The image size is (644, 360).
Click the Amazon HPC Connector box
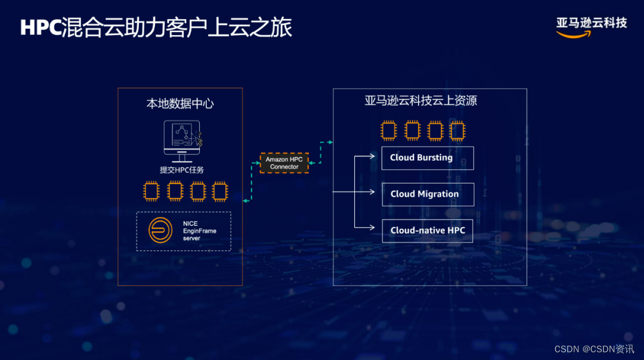pos(284,163)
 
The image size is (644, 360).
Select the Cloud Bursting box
pos(428,158)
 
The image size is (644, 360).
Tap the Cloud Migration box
pos(428,194)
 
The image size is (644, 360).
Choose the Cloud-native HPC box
pos(428,231)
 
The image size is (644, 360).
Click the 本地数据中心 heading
pos(180,104)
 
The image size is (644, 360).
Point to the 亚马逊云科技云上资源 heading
pos(421,101)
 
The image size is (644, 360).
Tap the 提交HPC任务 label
pos(182,170)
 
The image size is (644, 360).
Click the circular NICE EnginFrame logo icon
pos(160,230)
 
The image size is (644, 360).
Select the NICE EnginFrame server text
pos(200,231)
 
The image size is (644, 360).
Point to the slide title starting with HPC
pos(156,27)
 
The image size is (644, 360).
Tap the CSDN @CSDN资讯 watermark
pos(594,349)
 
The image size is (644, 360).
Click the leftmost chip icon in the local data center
pos(151,191)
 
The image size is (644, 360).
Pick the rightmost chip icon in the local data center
pos(220,191)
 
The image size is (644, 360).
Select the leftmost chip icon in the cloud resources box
pos(389,131)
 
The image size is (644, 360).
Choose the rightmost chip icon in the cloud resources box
pos(457,131)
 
